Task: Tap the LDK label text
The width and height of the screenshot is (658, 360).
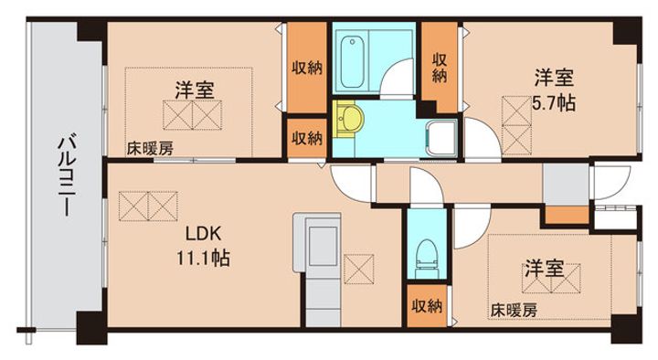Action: [203, 234]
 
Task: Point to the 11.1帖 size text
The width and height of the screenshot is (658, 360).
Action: [203, 258]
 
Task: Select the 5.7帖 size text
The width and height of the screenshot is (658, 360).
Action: [554, 103]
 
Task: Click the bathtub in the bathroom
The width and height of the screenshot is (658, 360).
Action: [352, 62]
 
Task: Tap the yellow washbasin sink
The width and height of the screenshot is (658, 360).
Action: [347, 119]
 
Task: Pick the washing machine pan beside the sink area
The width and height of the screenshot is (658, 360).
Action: [441, 138]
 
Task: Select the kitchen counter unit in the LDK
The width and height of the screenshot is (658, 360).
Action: [317, 270]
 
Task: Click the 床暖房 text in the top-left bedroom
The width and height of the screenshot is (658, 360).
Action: [150, 149]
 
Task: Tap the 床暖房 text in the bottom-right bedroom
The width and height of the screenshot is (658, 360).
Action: [514, 311]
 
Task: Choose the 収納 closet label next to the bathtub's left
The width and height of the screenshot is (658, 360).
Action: [307, 67]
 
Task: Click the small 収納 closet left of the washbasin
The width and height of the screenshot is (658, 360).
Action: [307, 138]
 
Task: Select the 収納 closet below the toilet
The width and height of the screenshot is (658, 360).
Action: [427, 306]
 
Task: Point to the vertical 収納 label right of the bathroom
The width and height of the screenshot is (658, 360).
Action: [440, 68]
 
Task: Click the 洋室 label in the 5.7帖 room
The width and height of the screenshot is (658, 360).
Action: [554, 78]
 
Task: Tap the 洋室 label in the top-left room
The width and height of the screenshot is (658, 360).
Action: [195, 90]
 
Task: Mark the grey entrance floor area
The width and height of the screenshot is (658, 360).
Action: [566, 184]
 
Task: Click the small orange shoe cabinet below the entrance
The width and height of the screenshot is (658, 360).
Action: [567, 216]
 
